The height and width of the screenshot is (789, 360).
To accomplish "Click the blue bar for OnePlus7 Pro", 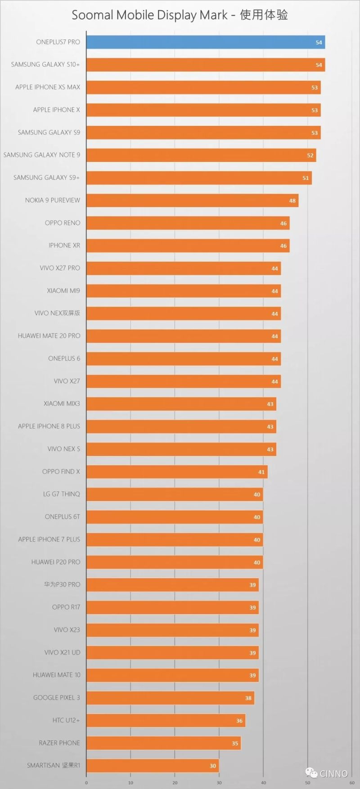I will pos(205,42).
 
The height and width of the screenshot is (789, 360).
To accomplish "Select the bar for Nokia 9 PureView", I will pos(192,201).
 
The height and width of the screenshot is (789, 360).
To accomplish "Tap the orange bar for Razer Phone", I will pos(163,743).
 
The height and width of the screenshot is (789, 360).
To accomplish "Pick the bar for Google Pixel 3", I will pos(170,698).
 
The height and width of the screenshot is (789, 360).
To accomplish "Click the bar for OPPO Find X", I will pos(177,472).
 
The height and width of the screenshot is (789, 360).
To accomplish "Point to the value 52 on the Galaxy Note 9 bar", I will pos(310,156).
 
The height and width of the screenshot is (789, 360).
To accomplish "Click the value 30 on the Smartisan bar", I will pos(213,766).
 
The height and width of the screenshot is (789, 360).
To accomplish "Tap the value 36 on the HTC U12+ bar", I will pos(239,721).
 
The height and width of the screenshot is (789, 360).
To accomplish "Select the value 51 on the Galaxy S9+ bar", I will pos(306,178).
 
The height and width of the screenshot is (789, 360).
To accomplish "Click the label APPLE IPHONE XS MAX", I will pos(48,87).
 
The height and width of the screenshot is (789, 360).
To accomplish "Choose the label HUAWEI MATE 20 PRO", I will pos(49,336).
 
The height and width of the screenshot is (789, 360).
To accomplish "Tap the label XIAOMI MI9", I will pos(63,291).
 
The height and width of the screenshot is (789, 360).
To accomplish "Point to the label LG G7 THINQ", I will pos(62,494).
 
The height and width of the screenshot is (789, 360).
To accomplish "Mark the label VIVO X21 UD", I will pos(63,653).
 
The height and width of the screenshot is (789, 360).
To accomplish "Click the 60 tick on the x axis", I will pos(351,783).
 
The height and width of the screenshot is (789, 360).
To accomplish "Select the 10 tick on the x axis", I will pos(130,783).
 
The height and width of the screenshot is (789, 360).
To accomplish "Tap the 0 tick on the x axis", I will pos(86,783).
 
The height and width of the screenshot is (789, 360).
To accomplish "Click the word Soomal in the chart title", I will pos(93,15).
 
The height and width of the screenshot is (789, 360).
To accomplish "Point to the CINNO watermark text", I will pos(333,774).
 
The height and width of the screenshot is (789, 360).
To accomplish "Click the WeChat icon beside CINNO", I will pos(311,773).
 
